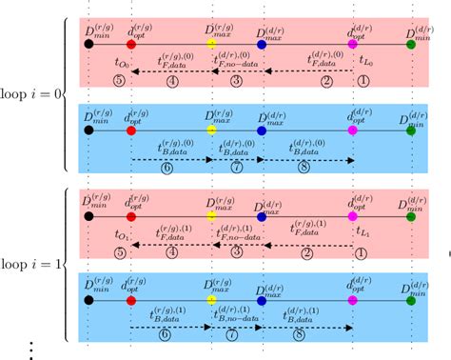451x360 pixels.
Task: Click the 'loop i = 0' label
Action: (x=29, y=94)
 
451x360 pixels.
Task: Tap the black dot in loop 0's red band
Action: (x=88, y=44)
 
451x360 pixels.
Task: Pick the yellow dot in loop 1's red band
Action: (x=211, y=209)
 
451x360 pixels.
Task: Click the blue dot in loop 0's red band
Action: (x=262, y=44)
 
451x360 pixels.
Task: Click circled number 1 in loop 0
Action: (x=362, y=82)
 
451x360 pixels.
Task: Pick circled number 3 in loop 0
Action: (x=236, y=82)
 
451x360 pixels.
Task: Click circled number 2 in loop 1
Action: (x=307, y=252)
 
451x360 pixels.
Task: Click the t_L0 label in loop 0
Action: (x=364, y=63)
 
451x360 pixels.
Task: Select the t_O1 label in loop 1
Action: (x=122, y=234)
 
